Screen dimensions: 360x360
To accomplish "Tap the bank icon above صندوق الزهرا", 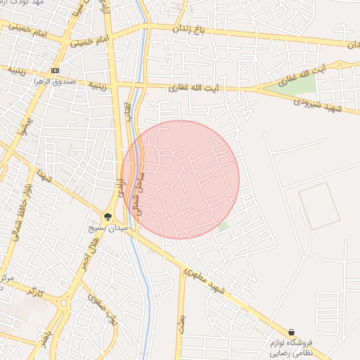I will (x=56, y=71).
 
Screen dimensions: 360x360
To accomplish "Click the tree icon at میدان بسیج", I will (x=108, y=217).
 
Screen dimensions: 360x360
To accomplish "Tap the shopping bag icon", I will (x=292, y=332).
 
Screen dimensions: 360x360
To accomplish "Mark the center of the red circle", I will (x=181, y=179).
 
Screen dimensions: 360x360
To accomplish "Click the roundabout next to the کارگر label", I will (x=64, y=304).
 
